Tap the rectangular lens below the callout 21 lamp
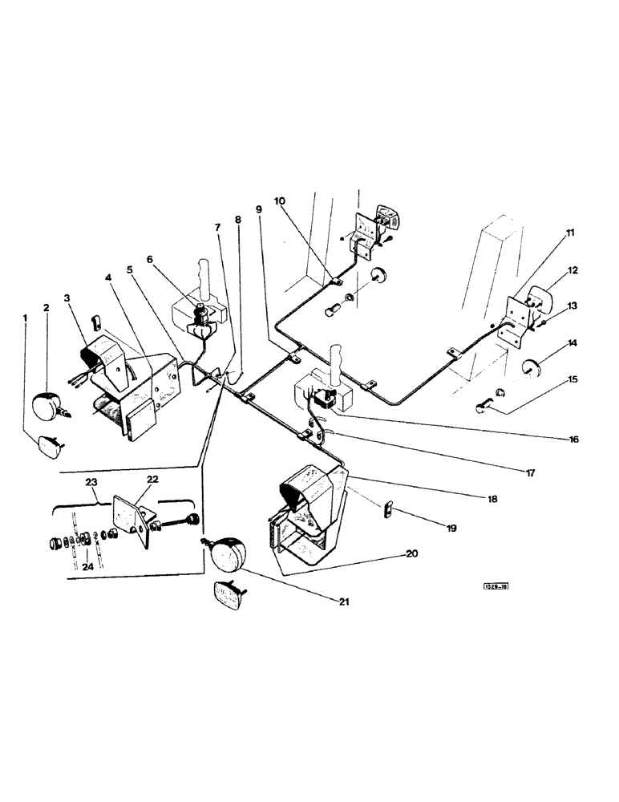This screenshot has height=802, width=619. pos(229,596)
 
